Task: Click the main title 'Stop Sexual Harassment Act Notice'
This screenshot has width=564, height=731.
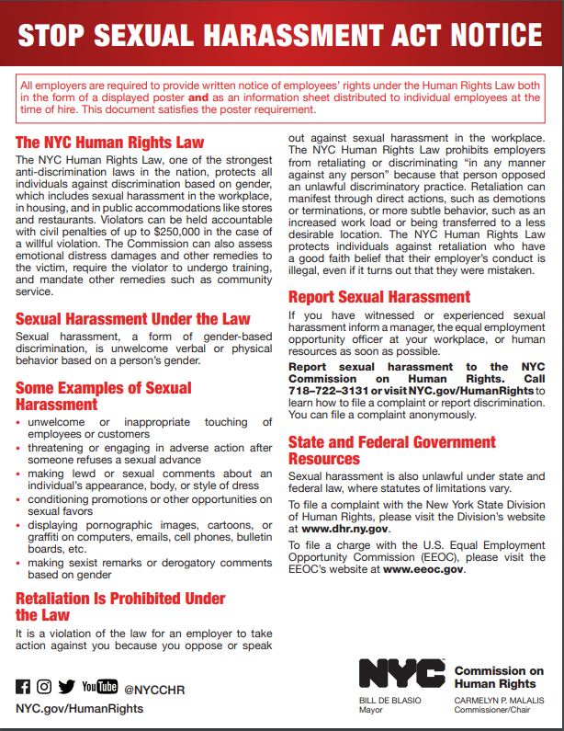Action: [280, 35]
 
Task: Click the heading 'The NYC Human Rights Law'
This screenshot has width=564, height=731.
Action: [109, 143]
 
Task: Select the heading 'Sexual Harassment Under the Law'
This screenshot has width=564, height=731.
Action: [132, 319]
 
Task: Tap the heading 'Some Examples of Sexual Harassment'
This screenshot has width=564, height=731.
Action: [103, 395]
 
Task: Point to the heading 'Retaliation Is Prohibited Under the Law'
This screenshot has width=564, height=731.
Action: [119, 606]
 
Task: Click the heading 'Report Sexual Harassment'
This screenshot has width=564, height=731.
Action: [378, 297]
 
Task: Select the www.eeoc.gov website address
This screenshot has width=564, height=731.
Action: [423, 569]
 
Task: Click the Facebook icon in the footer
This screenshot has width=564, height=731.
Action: [23, 686]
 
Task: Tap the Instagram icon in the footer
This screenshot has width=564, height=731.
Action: [44, 686]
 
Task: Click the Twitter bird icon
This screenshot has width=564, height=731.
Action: [66, 686]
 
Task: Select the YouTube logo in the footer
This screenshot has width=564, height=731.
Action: [99, 686]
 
